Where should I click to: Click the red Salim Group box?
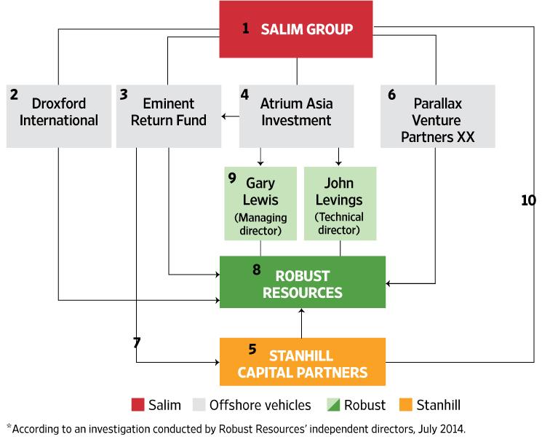[296, 29]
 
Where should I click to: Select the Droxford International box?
[58, 116]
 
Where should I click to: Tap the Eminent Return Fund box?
[169, 116]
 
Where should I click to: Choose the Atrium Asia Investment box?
[296, 116]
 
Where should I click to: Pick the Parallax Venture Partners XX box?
[437, 116]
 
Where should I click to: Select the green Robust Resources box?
[302, 282]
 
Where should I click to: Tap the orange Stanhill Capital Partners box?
[302, 362]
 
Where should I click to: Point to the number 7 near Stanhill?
[136, 342]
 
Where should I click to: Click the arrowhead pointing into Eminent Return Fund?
[225, 116]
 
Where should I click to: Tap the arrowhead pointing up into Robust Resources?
[302, 312]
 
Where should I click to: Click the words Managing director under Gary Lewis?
[260, 224]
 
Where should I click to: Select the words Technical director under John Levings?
[340, 224]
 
